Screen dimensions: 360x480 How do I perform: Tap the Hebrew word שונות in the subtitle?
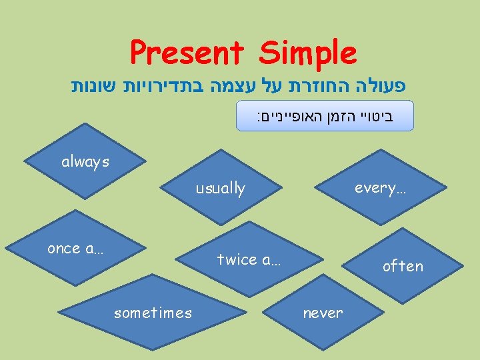[93, 87]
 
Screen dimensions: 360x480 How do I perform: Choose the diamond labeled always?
[85, 162]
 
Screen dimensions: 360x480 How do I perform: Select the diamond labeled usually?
[220, 189]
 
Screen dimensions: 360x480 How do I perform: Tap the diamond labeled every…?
[381, 188]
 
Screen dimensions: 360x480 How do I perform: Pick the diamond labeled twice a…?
[249, 260]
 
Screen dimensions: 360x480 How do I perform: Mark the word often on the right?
[403, 266]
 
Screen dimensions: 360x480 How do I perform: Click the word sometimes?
[153, 313]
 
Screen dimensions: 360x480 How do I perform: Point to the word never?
[323, 313]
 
